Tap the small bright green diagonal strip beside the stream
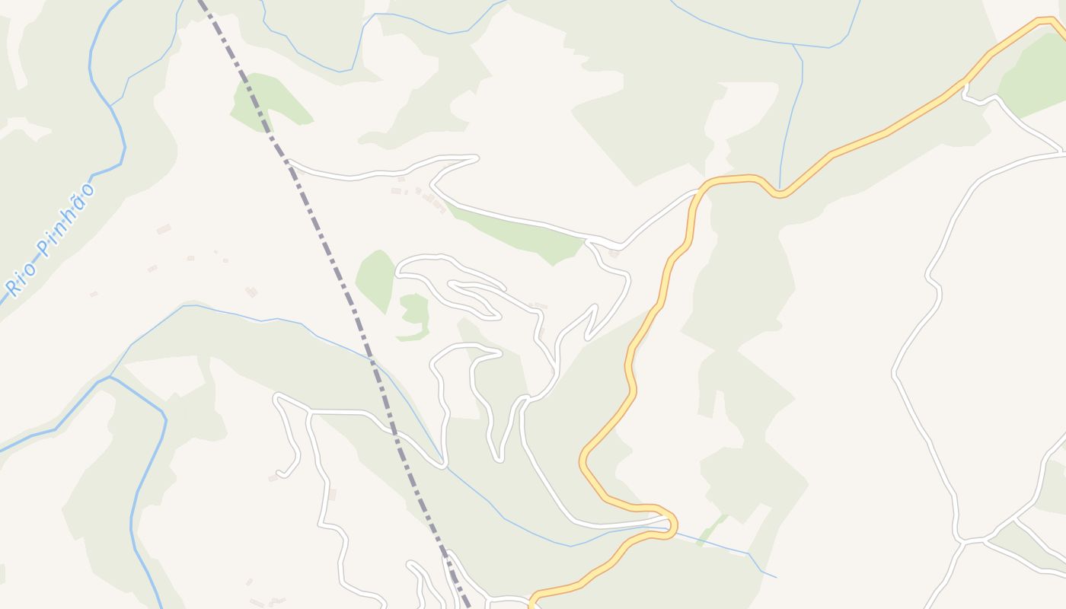pyautogui.click(x=712, y=529)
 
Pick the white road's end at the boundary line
pyautogui.click(x=290, y=161)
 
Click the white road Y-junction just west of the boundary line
pyautogui.click(x=309, y=411)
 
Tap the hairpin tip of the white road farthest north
pyautogui.click(x=475, y=158)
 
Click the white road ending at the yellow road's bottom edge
pyautogui.click(x=531, y=601)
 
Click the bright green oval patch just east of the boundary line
pyautogui.click(x=375, y=278)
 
